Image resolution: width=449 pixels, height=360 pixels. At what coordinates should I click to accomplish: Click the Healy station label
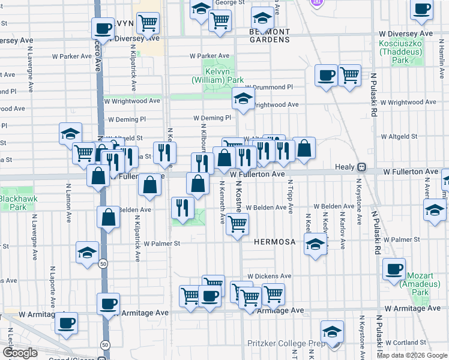345,167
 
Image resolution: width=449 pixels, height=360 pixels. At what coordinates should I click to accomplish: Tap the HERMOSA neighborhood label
274,242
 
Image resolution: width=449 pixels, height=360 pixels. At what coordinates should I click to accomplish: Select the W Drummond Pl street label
268,88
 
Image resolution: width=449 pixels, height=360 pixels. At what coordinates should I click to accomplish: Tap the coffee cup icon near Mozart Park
394,269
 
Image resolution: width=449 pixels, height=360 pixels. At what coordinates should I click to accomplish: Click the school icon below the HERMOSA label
315,244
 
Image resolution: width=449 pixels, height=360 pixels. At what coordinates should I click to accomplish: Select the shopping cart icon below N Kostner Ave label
238,224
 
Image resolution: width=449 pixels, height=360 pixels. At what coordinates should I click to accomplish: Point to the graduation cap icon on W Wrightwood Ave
243,99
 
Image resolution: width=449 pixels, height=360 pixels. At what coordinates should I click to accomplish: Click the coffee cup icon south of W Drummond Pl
326,76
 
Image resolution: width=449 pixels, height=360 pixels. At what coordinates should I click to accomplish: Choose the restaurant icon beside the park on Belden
182,208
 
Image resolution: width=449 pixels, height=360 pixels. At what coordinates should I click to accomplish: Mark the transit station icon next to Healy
362,167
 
